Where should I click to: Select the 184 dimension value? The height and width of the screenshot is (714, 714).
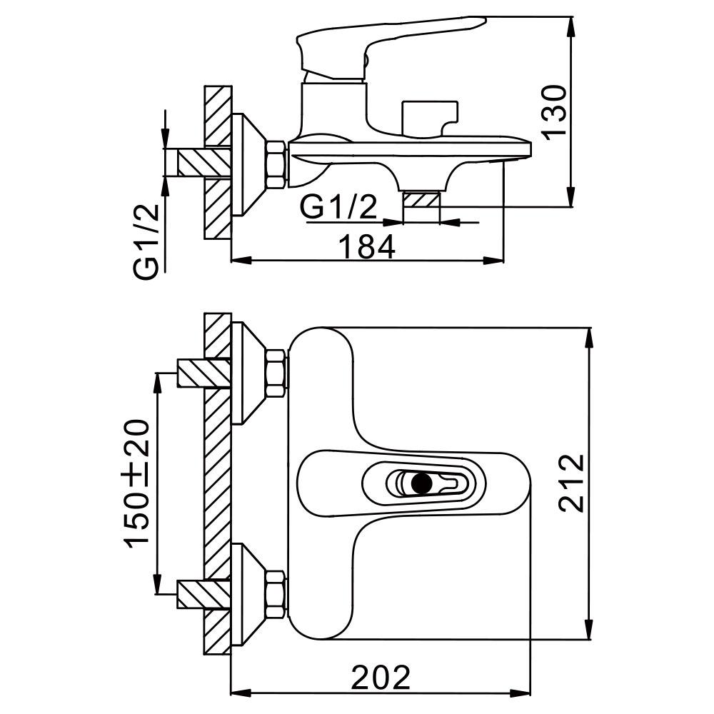366,247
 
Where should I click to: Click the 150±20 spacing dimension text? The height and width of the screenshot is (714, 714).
139,483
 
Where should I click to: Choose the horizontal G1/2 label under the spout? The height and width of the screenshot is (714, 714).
339,208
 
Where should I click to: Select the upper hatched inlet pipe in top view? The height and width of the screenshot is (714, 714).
202,372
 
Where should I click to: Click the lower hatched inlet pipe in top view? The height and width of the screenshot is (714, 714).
202,594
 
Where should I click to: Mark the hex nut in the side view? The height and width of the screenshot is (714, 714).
276,165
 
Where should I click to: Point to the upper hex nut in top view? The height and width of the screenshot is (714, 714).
276,372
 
